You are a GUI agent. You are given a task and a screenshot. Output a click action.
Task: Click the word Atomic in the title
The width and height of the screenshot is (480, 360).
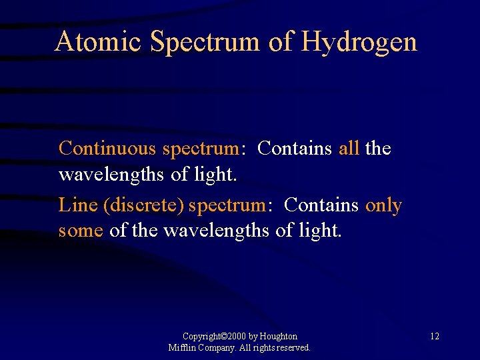[x=97, y=41]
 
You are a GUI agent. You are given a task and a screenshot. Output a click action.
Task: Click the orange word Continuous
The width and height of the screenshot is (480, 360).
[x=107, y=148]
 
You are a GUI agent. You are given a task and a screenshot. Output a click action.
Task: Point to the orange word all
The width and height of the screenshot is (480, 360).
[x=349, y=148]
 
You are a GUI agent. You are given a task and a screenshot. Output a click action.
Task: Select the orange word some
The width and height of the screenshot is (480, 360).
[x=81, y=231]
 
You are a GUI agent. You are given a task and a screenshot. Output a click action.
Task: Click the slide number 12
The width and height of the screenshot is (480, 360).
[x=434, y=337]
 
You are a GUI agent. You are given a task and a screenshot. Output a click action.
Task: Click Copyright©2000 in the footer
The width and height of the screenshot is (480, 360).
[x=215, y=337]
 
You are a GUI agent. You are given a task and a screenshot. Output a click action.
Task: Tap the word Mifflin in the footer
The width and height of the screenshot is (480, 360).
[x=181, y=348]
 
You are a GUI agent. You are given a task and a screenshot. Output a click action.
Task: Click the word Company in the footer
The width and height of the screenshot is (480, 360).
[x=217, y=348]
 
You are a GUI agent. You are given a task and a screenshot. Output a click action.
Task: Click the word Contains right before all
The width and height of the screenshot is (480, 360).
[x=294, y=148]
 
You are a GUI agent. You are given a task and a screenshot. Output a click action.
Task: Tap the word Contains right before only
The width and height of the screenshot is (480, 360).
[x=321, y=205]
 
